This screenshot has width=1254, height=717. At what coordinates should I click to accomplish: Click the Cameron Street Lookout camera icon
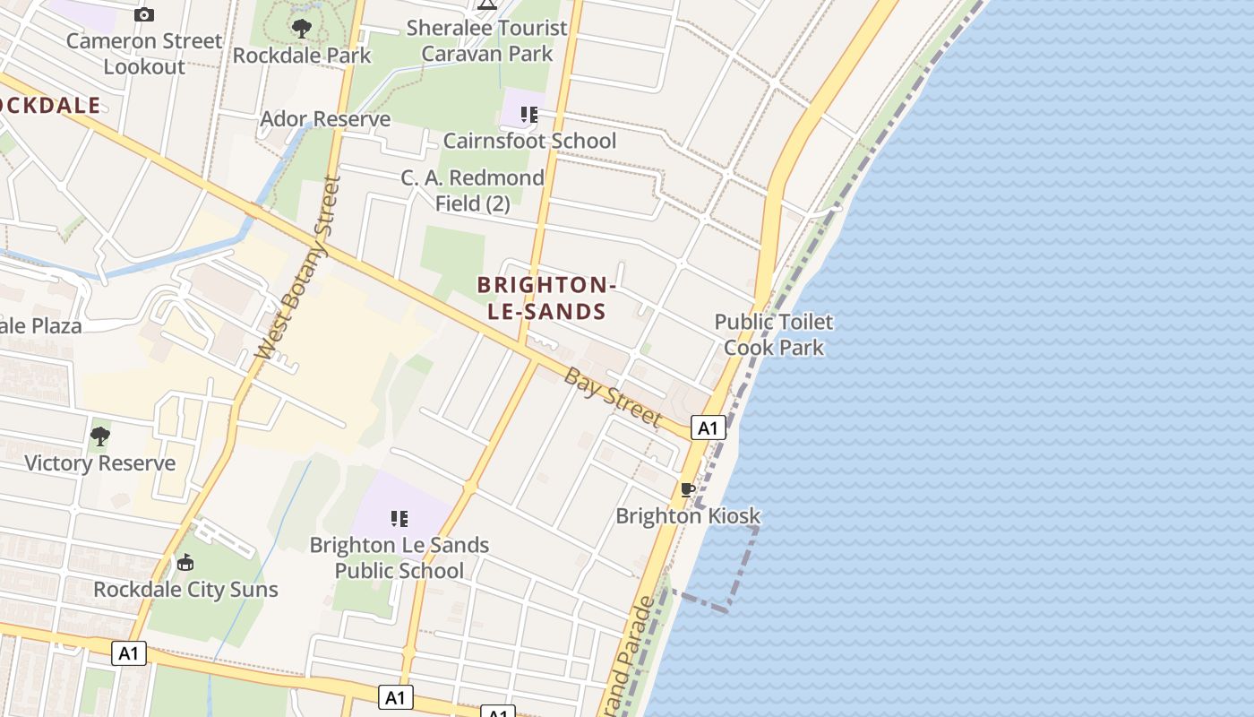143,14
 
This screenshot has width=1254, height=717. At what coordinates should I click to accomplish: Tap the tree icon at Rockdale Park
302,29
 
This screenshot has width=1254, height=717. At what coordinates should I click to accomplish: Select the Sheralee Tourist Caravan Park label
487,40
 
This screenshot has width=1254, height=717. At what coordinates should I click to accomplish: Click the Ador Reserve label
325,119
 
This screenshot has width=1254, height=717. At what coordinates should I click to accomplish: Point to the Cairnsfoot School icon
528,115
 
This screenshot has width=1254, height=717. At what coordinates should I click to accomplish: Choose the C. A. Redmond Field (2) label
472,191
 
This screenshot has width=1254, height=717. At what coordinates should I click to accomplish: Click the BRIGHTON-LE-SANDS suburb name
545,298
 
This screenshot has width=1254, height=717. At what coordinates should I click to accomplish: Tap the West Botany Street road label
293,268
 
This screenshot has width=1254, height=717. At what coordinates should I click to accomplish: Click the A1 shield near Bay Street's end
708,428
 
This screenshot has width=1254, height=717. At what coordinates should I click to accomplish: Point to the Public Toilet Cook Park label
774,334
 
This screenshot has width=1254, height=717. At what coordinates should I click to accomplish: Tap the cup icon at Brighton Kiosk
687,489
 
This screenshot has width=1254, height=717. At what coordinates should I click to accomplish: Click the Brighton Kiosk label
688,516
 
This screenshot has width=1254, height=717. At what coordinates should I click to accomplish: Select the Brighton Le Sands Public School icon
399,518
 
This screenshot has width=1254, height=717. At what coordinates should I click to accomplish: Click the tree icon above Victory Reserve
100,436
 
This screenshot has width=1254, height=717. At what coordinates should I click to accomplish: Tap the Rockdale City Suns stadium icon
185,563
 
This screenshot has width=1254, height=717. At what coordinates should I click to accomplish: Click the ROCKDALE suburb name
49,105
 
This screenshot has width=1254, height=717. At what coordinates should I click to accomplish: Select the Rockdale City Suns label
185,590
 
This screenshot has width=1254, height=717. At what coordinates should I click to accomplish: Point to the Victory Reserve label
99,463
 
